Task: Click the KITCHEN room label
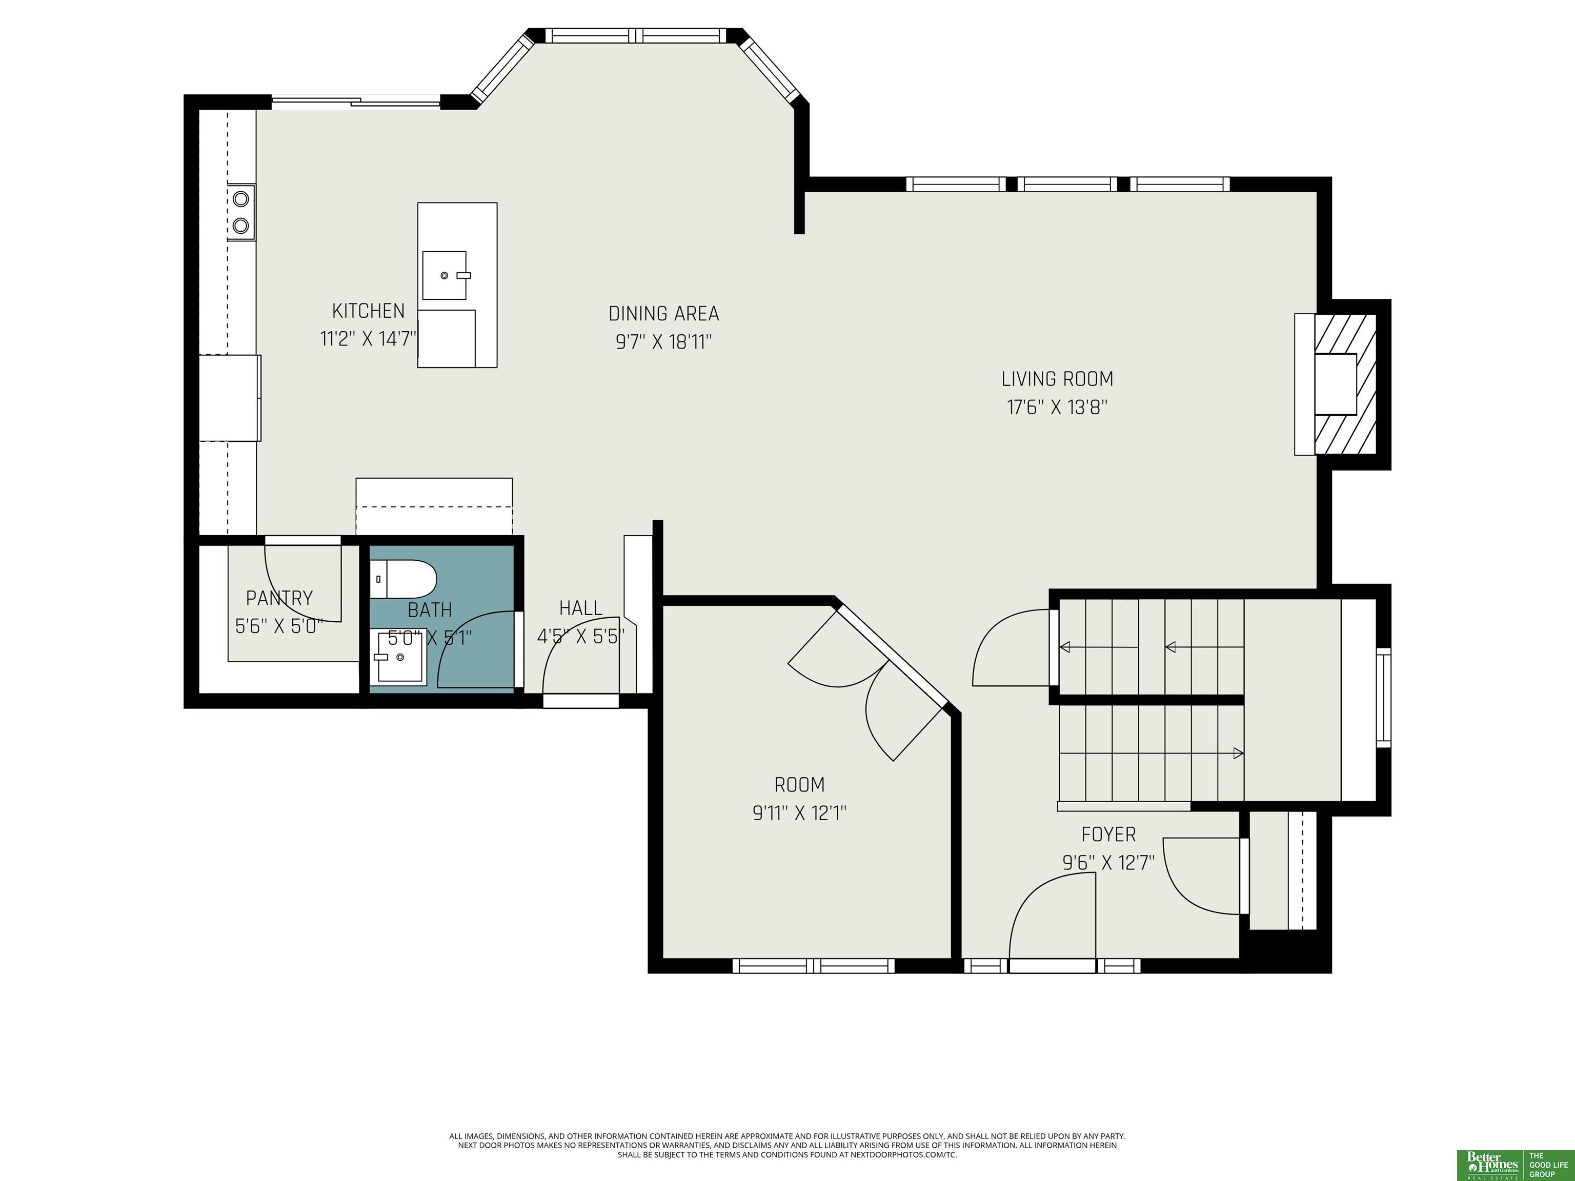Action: point(368,311)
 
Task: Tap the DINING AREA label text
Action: point(663,314)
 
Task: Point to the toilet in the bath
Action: point(403,579)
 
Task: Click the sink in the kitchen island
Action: point(446,275)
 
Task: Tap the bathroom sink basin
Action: point(399,657)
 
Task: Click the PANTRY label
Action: point(279,598)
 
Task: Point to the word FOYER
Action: point(1108,834)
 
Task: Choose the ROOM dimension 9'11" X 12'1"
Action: point(800,813)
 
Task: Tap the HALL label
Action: point(581,608)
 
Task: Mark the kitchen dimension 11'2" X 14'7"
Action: point(368,339)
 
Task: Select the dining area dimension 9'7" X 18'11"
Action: point(663,342)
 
